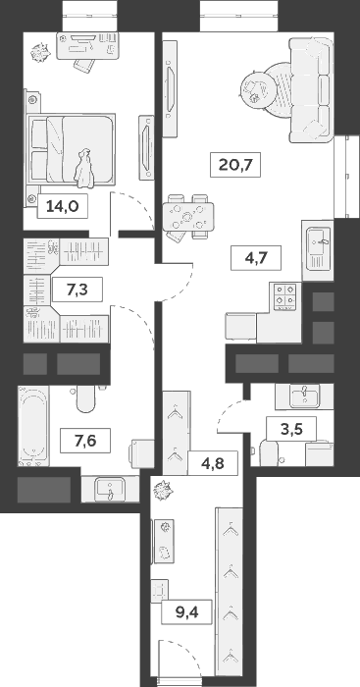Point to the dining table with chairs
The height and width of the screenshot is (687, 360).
pos(186,216)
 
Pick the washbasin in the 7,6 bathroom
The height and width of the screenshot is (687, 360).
pos(105,488)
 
